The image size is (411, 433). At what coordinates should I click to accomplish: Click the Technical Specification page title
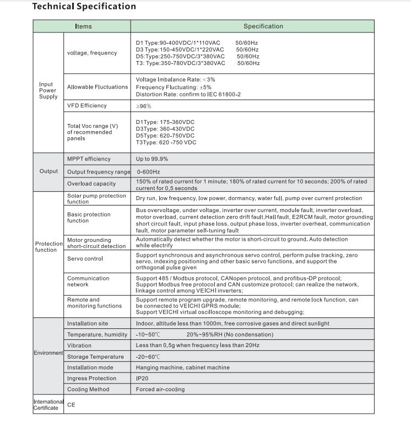(x=84, y=7)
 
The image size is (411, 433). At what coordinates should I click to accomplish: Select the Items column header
(x=84, y=26)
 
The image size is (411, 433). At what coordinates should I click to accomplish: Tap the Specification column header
(x=263, y=26)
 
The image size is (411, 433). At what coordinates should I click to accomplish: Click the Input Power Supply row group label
(x=48, y=90)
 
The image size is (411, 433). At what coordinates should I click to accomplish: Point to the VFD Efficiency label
(x=87, y=105)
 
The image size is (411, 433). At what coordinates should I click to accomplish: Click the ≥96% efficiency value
(x=143, y=106)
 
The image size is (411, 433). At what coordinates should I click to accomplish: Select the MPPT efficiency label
(x=89, y=159)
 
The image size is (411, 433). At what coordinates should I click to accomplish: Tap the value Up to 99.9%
(x=152, y=159)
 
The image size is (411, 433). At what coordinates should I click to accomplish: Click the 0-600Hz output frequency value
(x=148, y=171)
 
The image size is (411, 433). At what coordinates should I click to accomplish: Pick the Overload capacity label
(x=91, y=183)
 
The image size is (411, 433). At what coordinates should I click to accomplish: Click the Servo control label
(x=85, y=258)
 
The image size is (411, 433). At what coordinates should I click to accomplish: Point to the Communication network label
(x=88, y=282)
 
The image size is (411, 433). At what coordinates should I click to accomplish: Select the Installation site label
(x=88, y=323)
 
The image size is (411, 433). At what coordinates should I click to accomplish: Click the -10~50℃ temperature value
(x=148, y=334)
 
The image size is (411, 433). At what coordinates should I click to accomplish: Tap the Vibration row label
(x=79, y=345)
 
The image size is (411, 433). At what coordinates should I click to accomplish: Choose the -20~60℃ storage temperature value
(x=148, y=356)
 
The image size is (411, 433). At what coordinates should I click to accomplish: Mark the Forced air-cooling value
(x=160, y=389)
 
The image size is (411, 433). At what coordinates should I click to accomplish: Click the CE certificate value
(x=71, y=404)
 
